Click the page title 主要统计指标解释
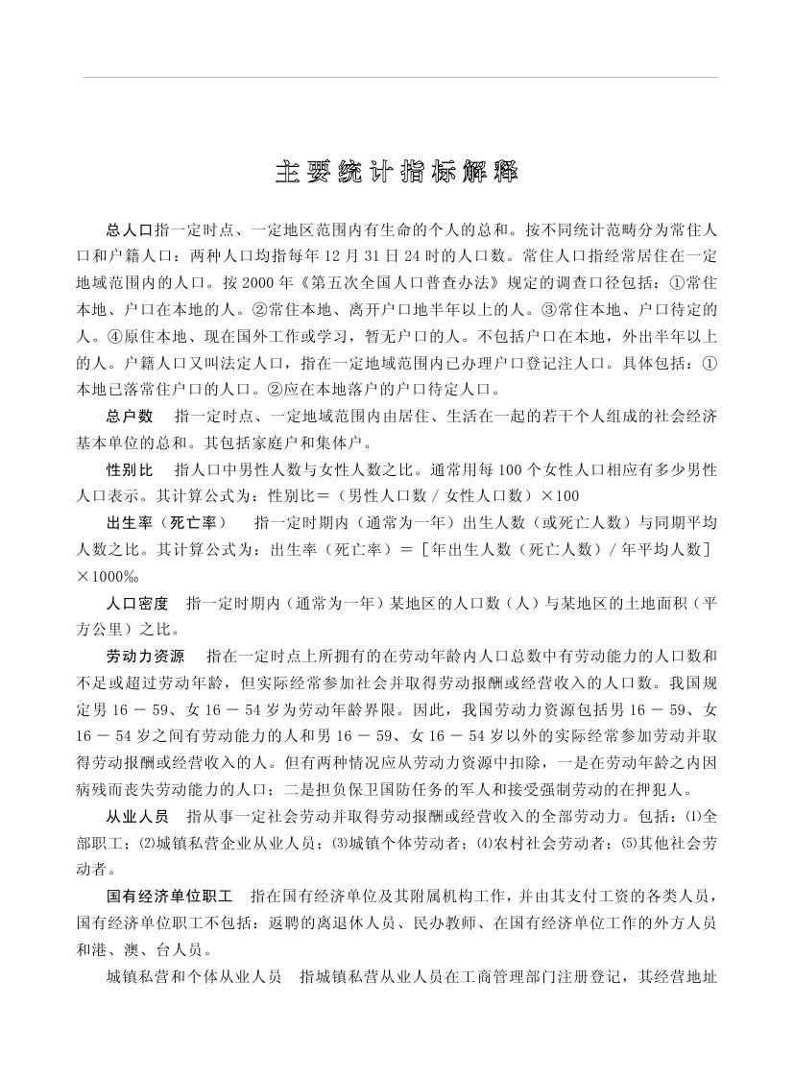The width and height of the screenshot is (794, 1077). click(397, 173)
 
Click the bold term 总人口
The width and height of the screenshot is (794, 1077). click(131, 231)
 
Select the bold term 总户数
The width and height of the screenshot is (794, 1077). click(131, 418)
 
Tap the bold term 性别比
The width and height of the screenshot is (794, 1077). click(131, 470)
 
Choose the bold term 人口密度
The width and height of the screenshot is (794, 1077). click(137, 603)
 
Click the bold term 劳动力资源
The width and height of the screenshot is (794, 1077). click(144, 657)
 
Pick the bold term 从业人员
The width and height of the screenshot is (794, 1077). click(137, 817)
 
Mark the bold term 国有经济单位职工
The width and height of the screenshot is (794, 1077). click(169, 897)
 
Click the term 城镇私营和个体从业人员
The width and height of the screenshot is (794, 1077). click(194, 977)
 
